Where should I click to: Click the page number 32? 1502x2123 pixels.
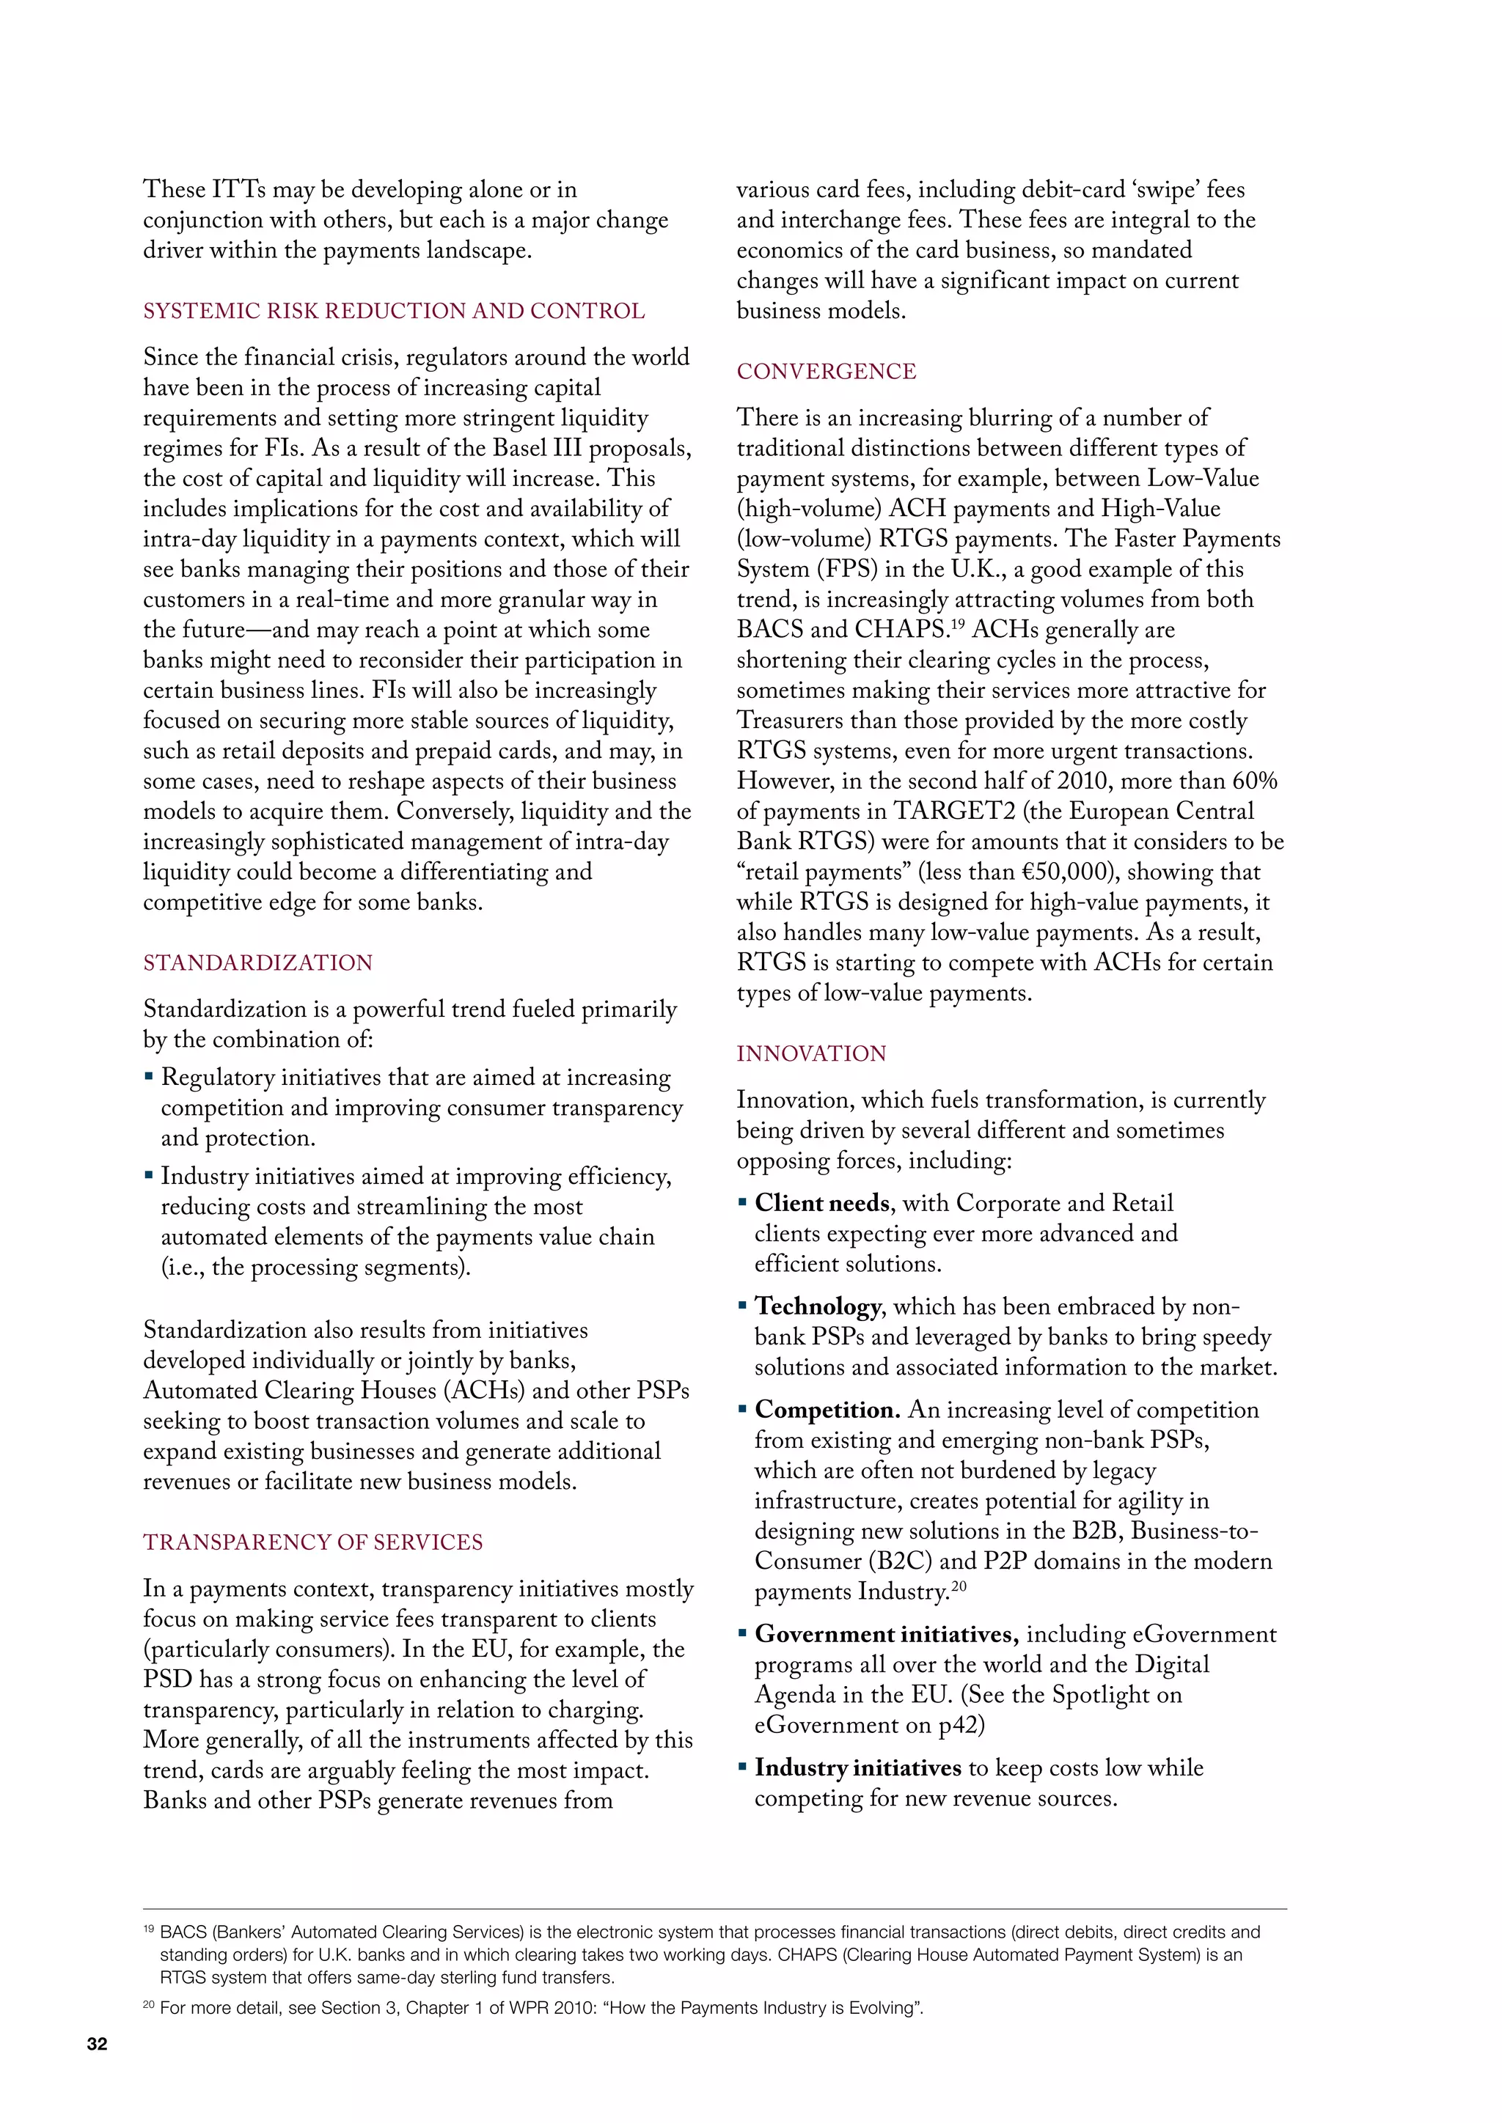[97, 2045]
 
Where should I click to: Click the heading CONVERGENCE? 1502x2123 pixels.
[826, 372]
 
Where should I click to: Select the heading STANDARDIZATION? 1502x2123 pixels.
[257, 963]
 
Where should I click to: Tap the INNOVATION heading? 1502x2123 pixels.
[811, 1053]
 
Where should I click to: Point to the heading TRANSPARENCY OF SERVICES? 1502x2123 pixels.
[312, 1542]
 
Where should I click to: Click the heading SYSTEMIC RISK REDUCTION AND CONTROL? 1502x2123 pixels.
[394, 312]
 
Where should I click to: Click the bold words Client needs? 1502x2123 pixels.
[822, 1203]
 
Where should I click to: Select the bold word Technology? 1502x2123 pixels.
[818, 1306]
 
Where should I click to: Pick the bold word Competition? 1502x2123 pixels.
[827, 1410]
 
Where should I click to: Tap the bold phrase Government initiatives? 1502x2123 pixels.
[886, 1634]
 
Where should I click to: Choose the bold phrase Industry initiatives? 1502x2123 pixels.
[857, 1768]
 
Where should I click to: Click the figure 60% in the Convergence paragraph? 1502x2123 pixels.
[1254, 781]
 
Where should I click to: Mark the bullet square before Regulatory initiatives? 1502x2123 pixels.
[149, 1076]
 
